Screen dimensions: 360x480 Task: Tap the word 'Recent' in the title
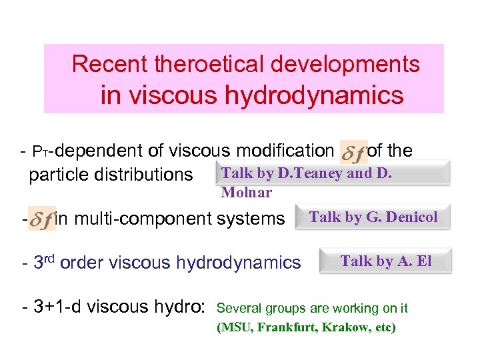(x=110, y=64)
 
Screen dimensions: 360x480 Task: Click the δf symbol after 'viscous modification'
(x=353, y=153)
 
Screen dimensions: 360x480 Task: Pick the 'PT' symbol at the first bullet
(x=41, y=153)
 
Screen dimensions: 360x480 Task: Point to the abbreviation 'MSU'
(x=236, y=327)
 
